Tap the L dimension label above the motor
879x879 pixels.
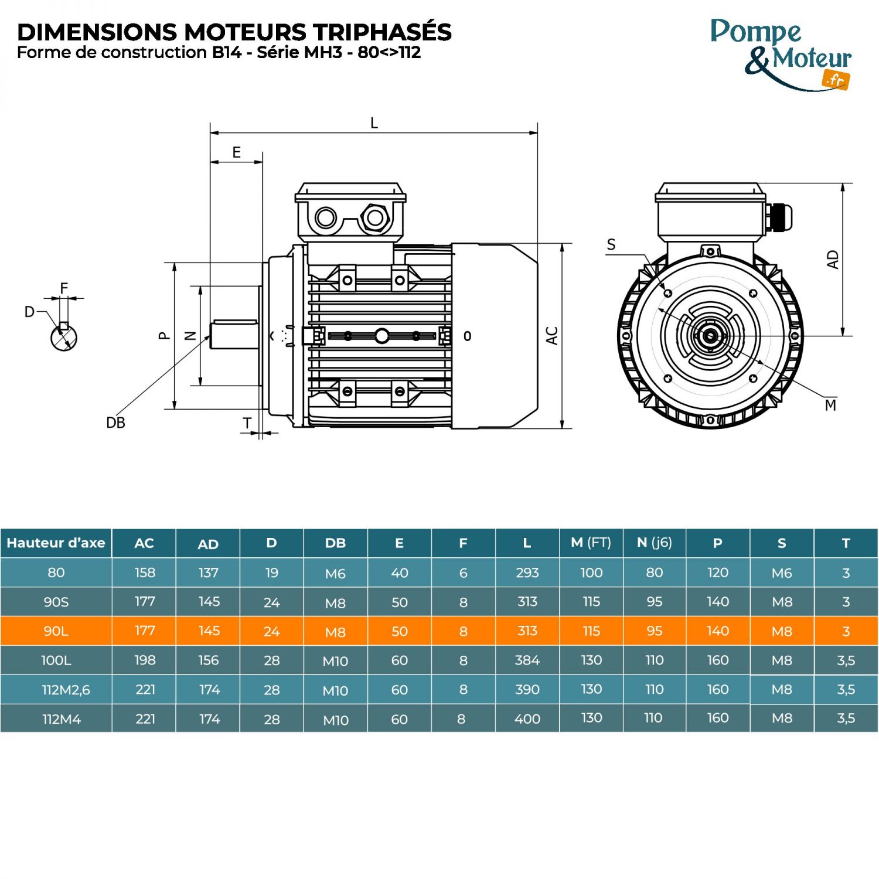pyautogui.click(x=374, y=123)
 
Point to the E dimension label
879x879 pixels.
pyautogui.click(x=236, y=152)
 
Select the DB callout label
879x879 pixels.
pyautogui.click(x=115, y=423)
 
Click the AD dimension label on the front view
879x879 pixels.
pyautogui.click(x=833, y=260)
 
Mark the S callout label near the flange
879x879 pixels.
pyautogui.click(x=611, y=244)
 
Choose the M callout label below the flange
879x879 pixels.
pyautogui.click(x=830, y=405)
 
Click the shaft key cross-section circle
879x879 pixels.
pyautogui.click(x=64, y=338)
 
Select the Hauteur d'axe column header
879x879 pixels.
pyautogui.click(x=56, y=543)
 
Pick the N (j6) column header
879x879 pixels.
pyautogui.click(x=654, y=543)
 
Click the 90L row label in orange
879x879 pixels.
pyautogui.click(x=56, y=631)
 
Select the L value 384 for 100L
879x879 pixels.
pyautogui.click(x=527, y=660)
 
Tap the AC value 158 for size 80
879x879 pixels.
pyautogui.click(x=145, y=573)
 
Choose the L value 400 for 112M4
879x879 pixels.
pyautogui.click(x=527, y=718)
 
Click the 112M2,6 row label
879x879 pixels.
pyautogui.click(x=66, y=690)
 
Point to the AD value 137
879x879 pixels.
pyautogui.click(x=208, y=573)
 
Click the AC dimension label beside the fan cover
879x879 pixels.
pyautogui.click(x=551, y=336)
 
